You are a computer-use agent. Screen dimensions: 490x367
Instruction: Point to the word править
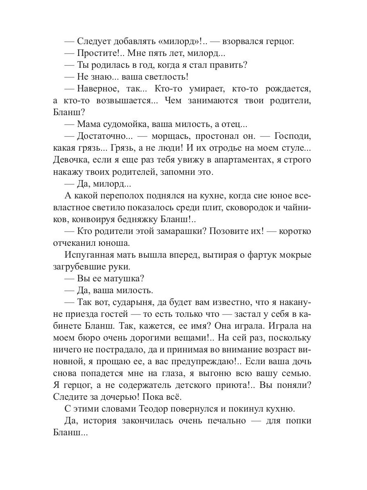(232, 65)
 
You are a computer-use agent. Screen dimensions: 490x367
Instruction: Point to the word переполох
(124, 196)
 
